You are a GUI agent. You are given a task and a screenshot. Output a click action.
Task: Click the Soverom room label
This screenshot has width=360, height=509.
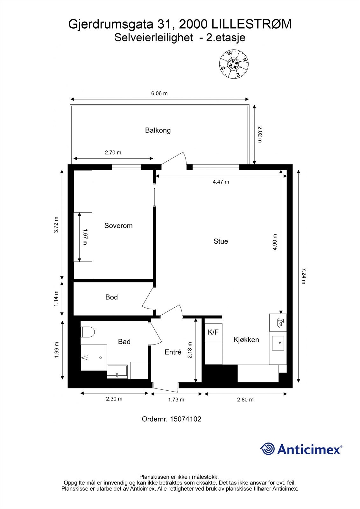point(118,226)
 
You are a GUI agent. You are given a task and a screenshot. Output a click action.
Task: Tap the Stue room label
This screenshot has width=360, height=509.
point(221,241)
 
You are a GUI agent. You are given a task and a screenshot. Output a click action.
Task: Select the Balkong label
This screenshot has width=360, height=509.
point(158,130)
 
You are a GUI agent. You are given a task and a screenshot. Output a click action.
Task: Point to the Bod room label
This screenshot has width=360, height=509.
point(111,297)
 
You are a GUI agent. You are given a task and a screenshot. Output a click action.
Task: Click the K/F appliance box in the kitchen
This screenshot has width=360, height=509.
point(213,332)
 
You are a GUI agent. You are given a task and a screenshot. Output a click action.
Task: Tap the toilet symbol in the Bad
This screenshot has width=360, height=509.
point(88,332)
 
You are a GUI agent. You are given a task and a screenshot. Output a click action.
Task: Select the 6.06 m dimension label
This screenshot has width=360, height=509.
point(159,93)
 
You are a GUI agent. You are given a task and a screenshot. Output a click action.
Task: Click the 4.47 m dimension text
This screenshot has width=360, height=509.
point(221,182)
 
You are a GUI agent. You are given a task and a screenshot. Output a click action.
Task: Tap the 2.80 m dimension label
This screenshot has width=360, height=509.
point(245,400)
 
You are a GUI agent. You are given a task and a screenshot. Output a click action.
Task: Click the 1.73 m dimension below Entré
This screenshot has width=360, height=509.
point(176,400)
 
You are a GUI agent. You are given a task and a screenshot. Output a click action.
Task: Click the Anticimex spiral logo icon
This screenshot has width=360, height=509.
point(267,449)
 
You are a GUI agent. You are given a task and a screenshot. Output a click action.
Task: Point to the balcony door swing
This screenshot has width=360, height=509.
point(174,161)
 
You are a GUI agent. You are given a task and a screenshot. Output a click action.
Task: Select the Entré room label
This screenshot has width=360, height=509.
point(173,352)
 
